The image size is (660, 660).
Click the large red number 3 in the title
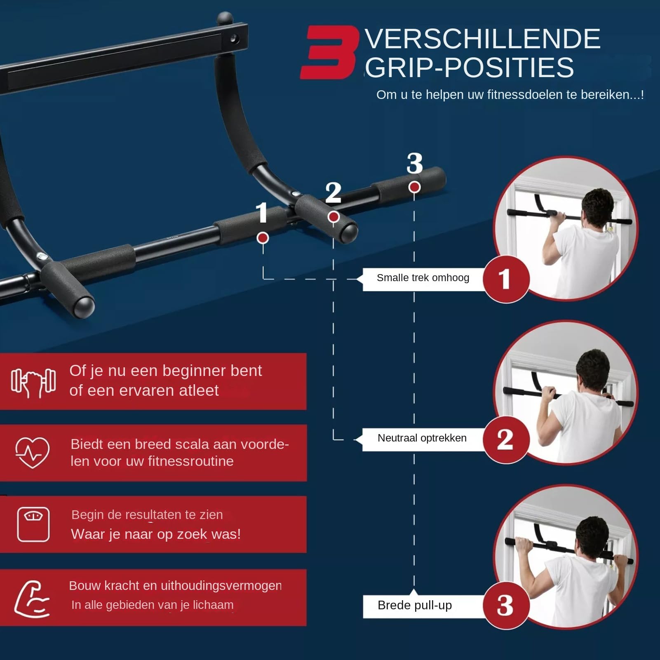point(329,52)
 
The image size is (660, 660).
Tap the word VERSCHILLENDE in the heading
point(482,39)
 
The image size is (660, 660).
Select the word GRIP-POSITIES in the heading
point(470,68)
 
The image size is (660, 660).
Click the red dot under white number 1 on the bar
point(263,238)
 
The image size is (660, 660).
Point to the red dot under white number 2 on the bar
point(334,217)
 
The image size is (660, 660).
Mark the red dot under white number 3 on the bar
point(414,187)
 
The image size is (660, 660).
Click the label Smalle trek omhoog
point(423,278)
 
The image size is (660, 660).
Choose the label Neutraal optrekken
point(422,438)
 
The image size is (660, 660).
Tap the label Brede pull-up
point(415,605)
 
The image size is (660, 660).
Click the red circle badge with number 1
point(506,279)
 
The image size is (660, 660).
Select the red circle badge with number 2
point(506,439)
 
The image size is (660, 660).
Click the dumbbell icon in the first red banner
point(33,383)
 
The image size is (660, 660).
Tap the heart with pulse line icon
point(32,452)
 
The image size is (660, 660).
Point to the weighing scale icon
point(33,524)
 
